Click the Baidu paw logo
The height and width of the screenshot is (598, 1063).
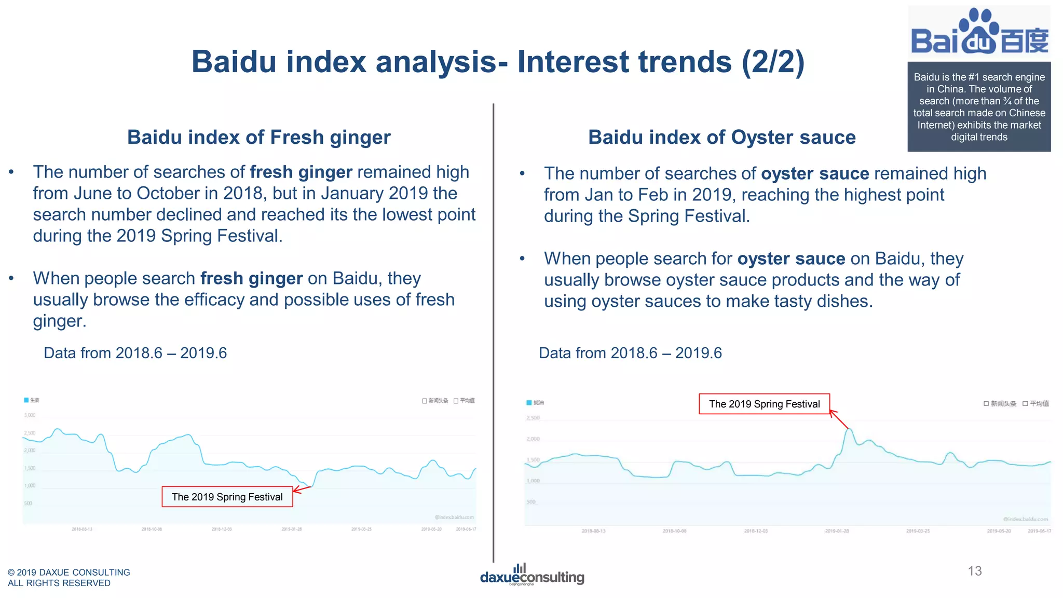click(979, 31)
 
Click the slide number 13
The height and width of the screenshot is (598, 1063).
click(974, 571)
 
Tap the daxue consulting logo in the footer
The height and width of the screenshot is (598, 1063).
click(532, 575)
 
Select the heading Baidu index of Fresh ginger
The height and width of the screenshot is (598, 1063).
click(258, 137)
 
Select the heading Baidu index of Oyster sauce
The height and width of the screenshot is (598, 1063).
click(721, 137)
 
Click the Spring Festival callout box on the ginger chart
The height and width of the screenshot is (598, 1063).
click(227, 497)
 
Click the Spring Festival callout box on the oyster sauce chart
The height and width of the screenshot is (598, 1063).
click(764, 404)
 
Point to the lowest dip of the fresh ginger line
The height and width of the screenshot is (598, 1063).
click(310, 487)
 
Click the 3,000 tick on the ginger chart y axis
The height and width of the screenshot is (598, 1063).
click(30, 415)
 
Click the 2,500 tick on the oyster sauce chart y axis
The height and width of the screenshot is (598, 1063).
click(533, 418)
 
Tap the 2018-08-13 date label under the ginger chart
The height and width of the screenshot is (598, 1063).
click(82, 529)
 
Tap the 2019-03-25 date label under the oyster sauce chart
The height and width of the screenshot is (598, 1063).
click(918, 531)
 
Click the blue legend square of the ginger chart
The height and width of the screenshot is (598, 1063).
click(26, 400)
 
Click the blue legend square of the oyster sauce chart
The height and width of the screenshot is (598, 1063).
click(529, 403)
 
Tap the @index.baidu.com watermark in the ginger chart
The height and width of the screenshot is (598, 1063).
click(454, 518)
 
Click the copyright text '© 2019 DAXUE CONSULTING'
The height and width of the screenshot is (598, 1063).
click(69, 572)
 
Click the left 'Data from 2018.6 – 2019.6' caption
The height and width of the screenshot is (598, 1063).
click(135, 353)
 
